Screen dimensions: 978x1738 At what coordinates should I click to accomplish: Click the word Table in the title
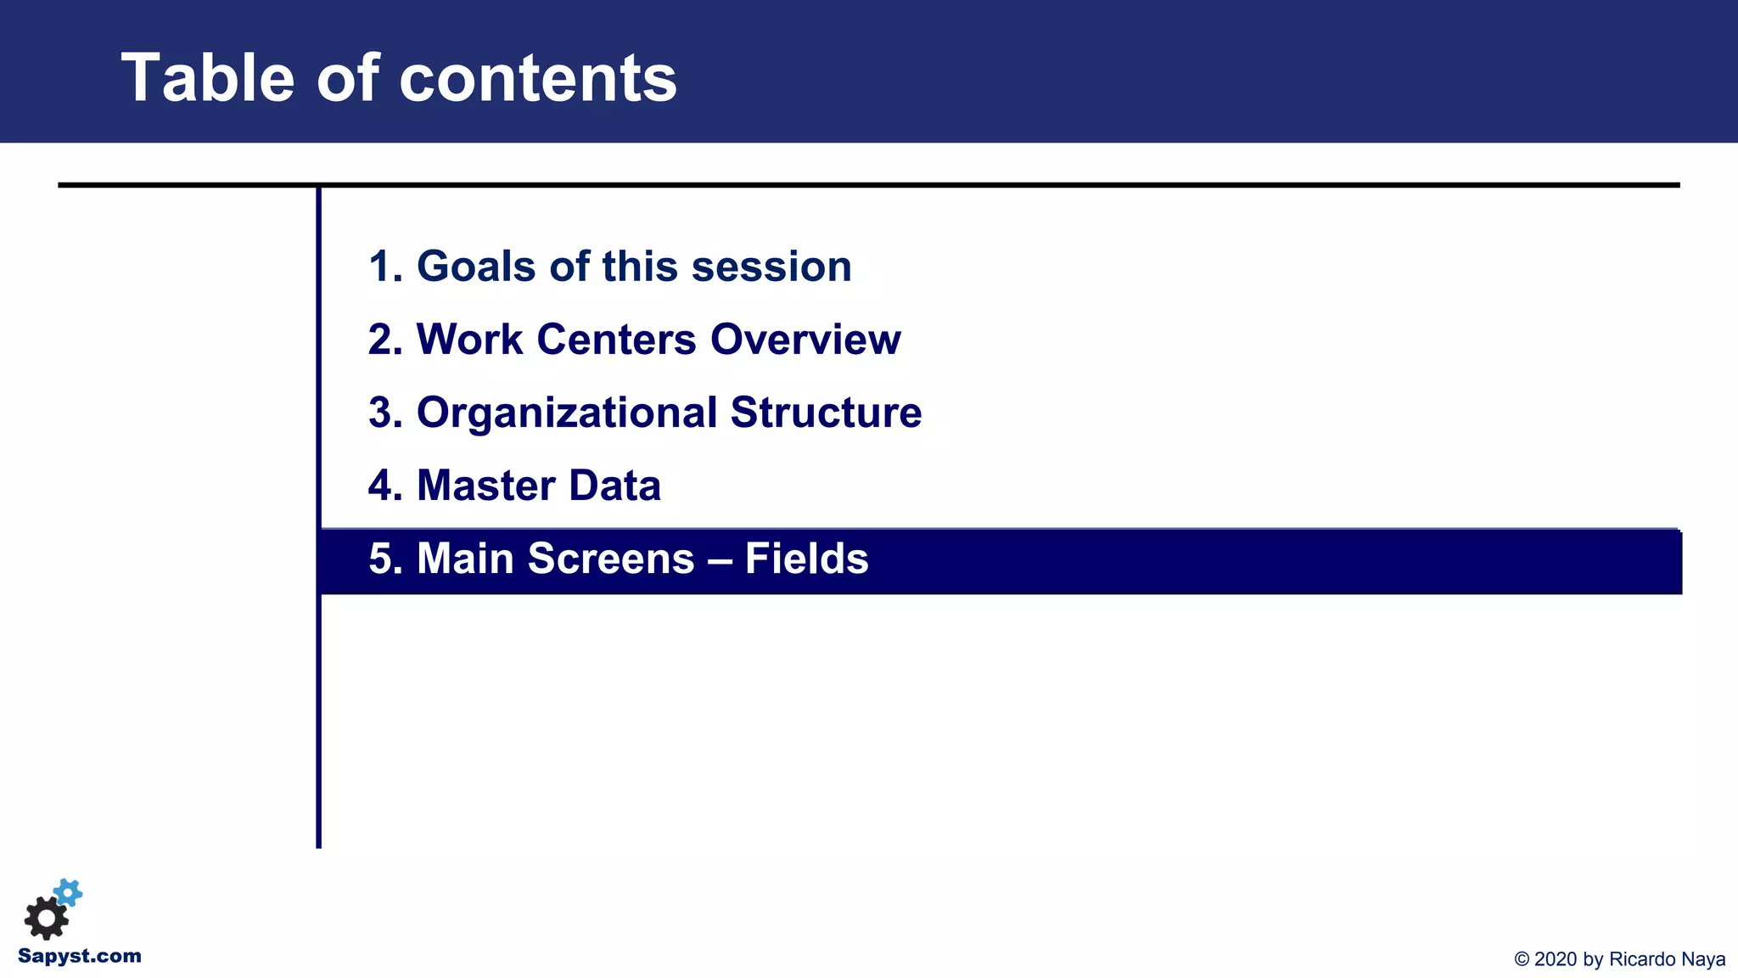click(208, 78)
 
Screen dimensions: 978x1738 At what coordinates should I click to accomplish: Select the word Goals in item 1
click(476, 267)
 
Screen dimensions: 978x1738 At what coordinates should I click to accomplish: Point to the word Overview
click(805, 340)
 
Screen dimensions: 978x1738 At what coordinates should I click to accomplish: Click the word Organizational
click(567, 413)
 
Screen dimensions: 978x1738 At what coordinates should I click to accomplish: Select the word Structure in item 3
click(826, 413)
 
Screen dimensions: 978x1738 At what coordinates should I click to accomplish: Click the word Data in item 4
click(614, 486)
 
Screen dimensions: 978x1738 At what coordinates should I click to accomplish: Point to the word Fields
click(806, 559)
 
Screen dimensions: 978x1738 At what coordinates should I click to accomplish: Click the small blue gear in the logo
click(68, 892)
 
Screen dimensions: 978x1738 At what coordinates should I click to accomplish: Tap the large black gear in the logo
click(46, 918)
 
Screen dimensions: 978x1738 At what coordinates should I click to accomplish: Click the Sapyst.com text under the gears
click(80, 956)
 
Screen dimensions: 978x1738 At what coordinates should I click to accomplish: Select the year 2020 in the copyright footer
click(1555, 959)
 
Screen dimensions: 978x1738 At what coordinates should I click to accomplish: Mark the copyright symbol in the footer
click(1522, 959)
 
